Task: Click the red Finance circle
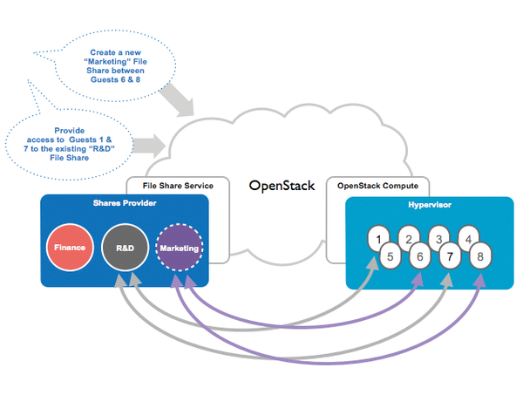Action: click(x=69, y=248)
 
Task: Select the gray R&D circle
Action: click(x=125, y=248)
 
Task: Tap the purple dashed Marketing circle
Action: click(x=179, y=248)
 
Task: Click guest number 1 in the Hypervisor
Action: click(x=377, y=237)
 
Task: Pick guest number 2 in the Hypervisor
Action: click(x=408, y=237)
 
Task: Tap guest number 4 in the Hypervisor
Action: click(x=470, y=237)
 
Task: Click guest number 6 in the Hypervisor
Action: click(x=419, y=256)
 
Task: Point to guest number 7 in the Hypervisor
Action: click(x=450, y=256)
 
